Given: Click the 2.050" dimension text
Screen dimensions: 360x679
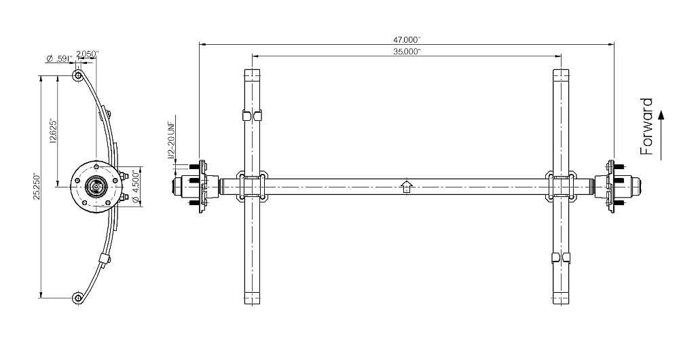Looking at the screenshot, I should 88,54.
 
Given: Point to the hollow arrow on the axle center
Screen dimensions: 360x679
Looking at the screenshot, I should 406,186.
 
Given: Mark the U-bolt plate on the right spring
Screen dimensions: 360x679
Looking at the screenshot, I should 562,186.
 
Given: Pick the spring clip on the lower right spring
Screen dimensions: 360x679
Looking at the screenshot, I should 562,257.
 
